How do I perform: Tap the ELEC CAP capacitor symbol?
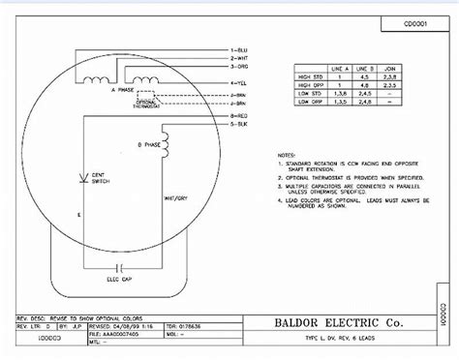tap(119, 262)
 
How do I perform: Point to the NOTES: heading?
tap(287, 154)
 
